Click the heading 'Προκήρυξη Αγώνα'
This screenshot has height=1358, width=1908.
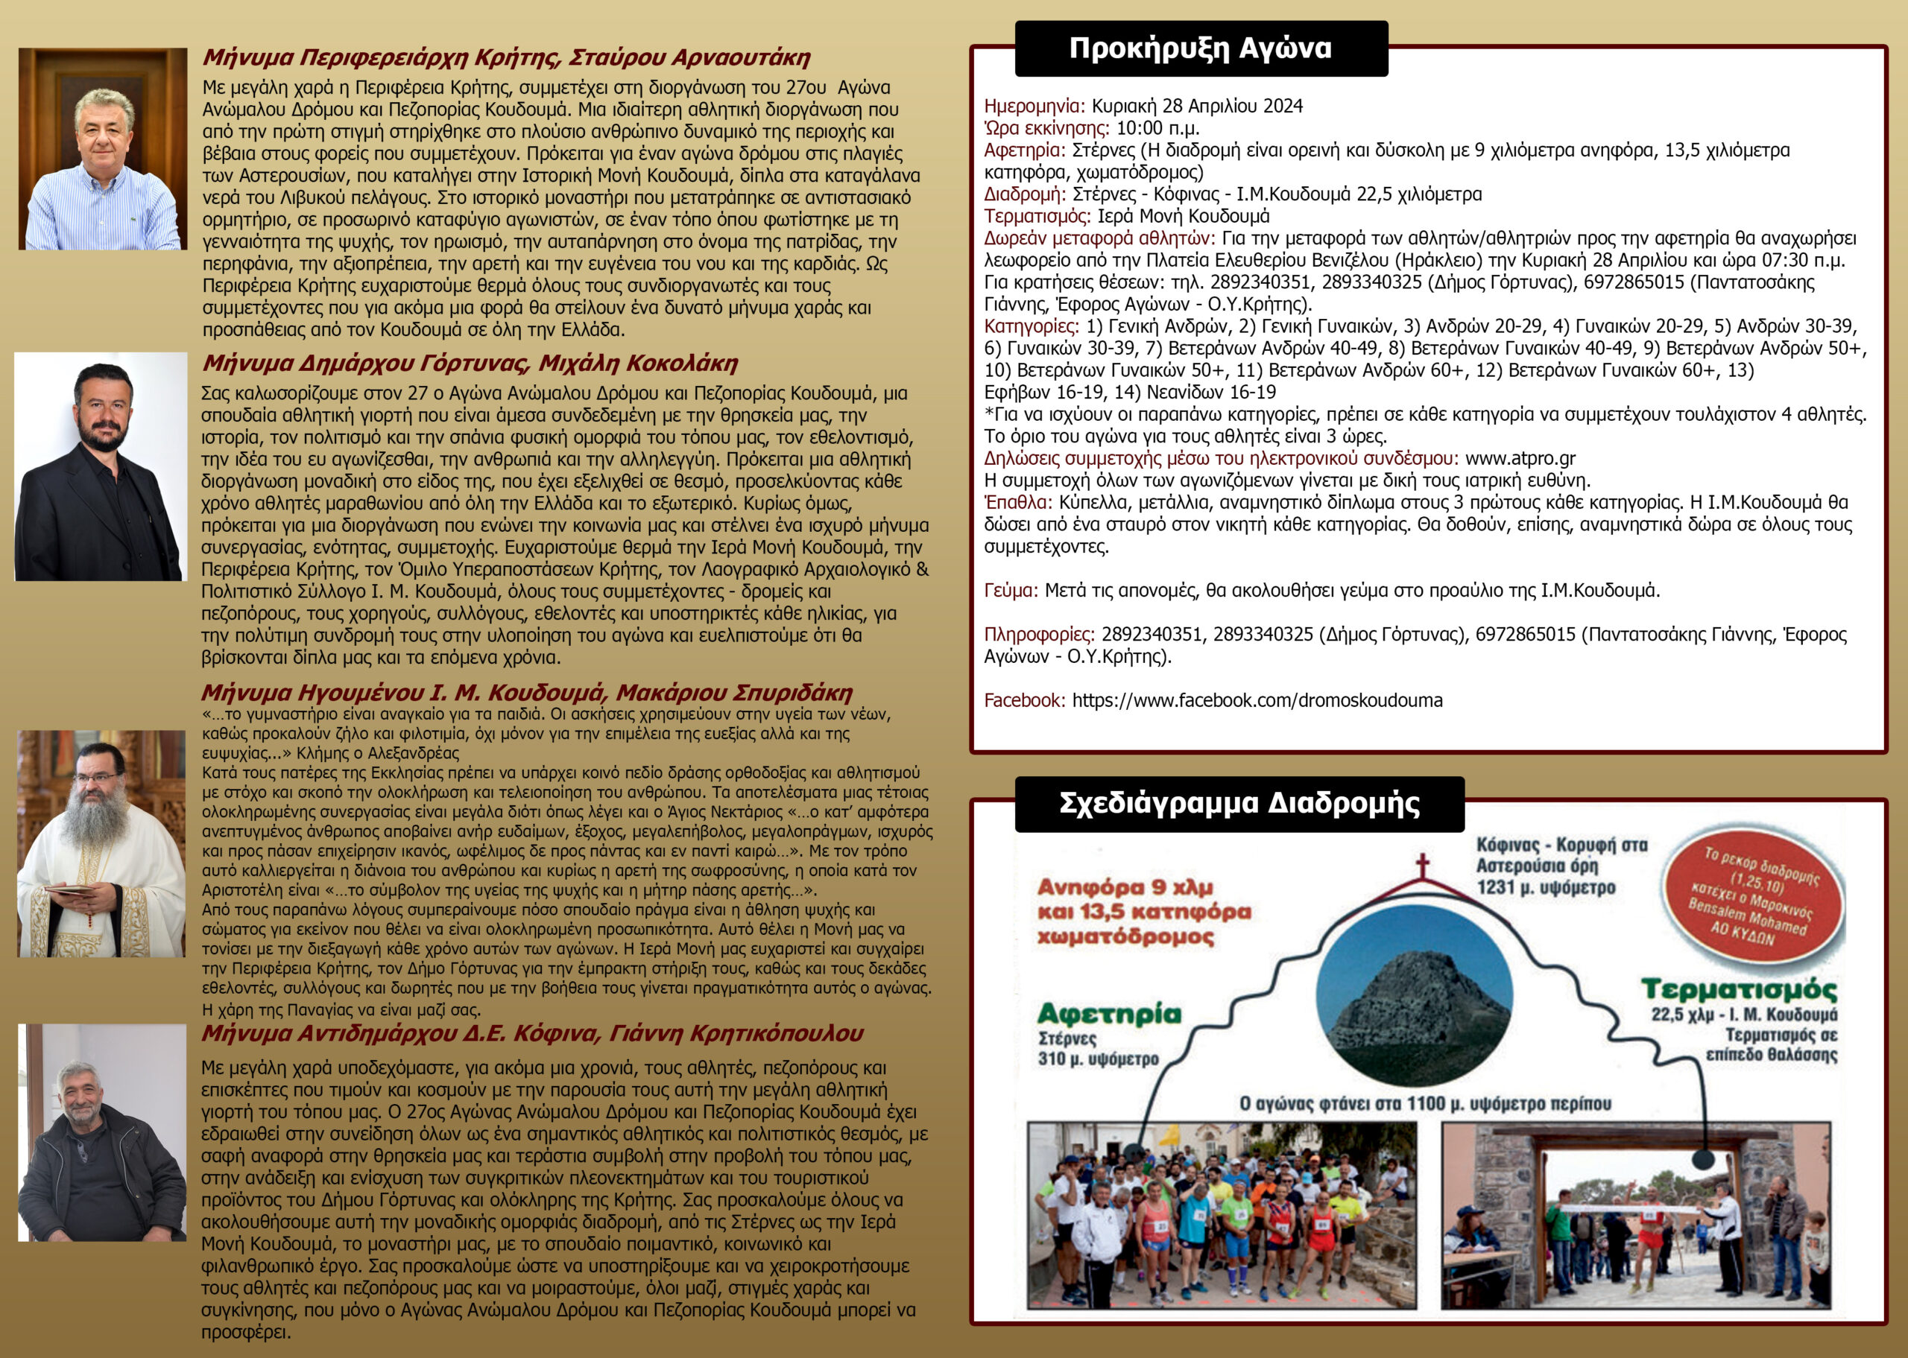click(x=1201, y=48)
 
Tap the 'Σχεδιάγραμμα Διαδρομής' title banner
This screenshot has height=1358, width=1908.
click(x=1239, y=803)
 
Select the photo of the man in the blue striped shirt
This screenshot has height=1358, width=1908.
click(x=103, y=149)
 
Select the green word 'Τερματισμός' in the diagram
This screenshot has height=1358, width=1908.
click(x=1739, y=989)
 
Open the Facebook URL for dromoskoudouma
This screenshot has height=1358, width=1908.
click(x=1257, y=700)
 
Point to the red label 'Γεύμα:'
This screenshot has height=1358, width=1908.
click(x=1011, y=591)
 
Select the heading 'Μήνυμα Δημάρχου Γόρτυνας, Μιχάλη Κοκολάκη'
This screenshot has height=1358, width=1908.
click(x=470, y=363)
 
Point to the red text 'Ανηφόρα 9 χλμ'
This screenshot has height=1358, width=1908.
click(x=1125, y=887)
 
